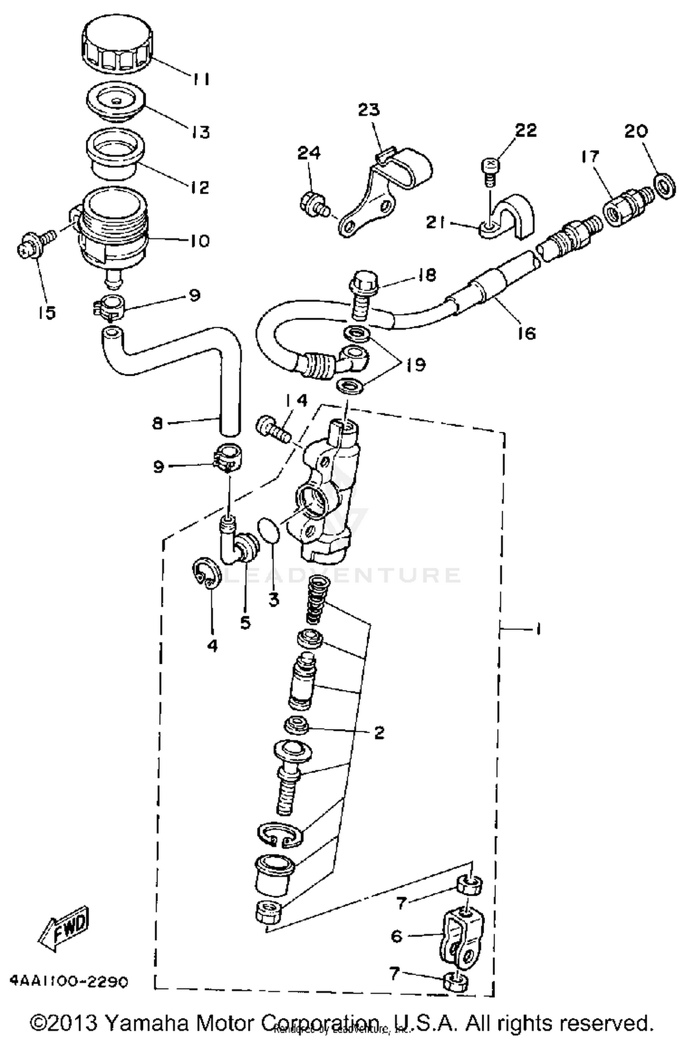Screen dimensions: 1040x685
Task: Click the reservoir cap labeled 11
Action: [117, 48]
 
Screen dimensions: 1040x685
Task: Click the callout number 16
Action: [527, 333]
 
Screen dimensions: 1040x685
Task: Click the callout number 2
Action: [379, 732]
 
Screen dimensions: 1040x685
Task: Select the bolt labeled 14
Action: [273, 428]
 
